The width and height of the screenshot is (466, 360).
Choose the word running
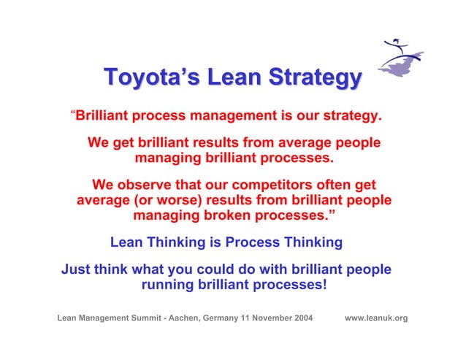pyautogui.click(x=167, y=285)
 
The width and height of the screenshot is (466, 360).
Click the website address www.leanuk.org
pyautogui.click(x=376, y=318)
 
